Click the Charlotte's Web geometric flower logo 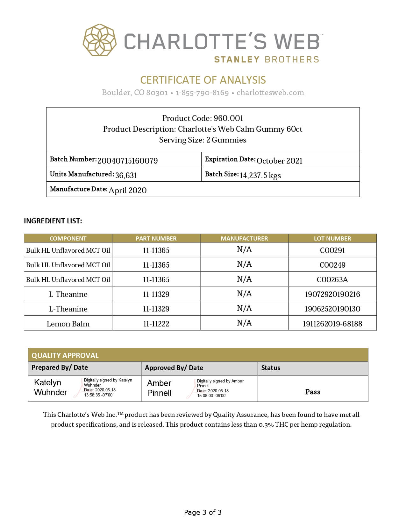(x=100, y=40)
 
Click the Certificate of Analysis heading (x=203, y=80)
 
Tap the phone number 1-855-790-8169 (x=202, y=93)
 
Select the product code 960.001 (x=228, y=118)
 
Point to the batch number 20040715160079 (x=127, y=161)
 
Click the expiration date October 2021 (x=279, y=161)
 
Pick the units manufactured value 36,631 (x=126, y=175)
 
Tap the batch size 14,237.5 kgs (x=260, y=175)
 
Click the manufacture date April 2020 (x=127, y=190)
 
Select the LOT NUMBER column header (x=332, y=238)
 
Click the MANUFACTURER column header (x=244, y=238)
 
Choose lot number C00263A (x=332, y=280)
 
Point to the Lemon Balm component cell (x=68, y=324)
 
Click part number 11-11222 (x=156, y=324)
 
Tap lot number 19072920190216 (x=332, y=294)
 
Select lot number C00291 (x=332, y=250)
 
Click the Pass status (x=313, y=392)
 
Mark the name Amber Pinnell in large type (x=159, y=388)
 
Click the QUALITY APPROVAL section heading (x=65, y=355)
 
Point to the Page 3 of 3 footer (x=203, y=512)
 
